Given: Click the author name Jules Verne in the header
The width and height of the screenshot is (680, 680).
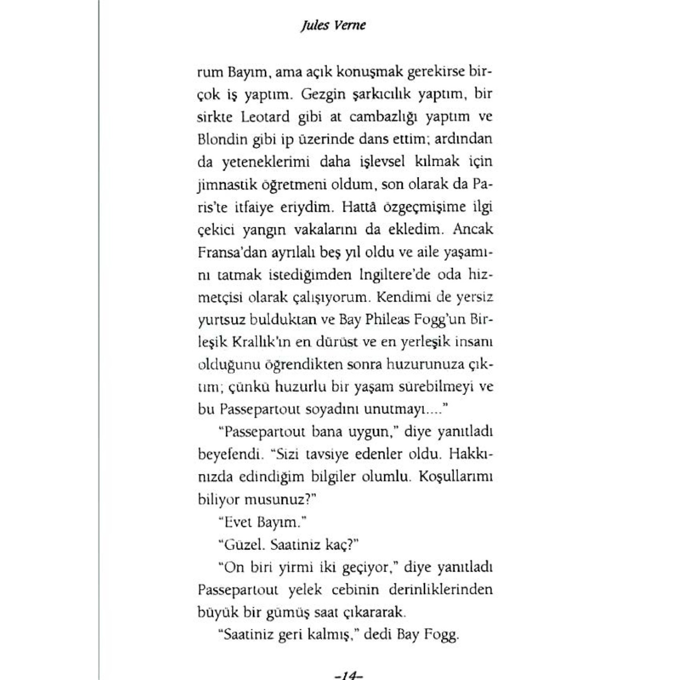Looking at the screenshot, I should click(x=333, y=25).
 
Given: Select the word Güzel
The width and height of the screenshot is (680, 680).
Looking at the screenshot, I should click(x=240, y=545).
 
